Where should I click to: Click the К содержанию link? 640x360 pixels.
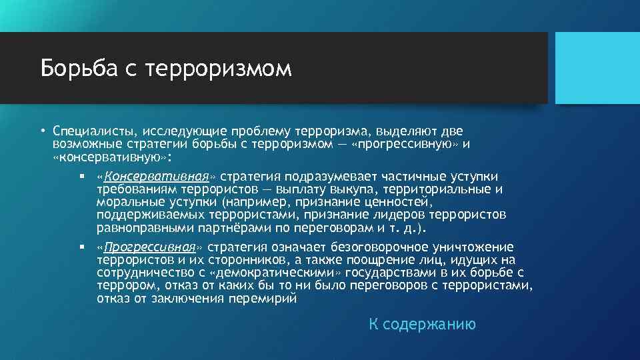[x=422, y=325]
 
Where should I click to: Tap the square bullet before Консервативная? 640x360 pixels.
[x=80, y=177]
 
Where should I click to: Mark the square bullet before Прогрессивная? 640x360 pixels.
[x=80, y=247]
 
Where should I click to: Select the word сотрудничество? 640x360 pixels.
[x=150, y=273]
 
